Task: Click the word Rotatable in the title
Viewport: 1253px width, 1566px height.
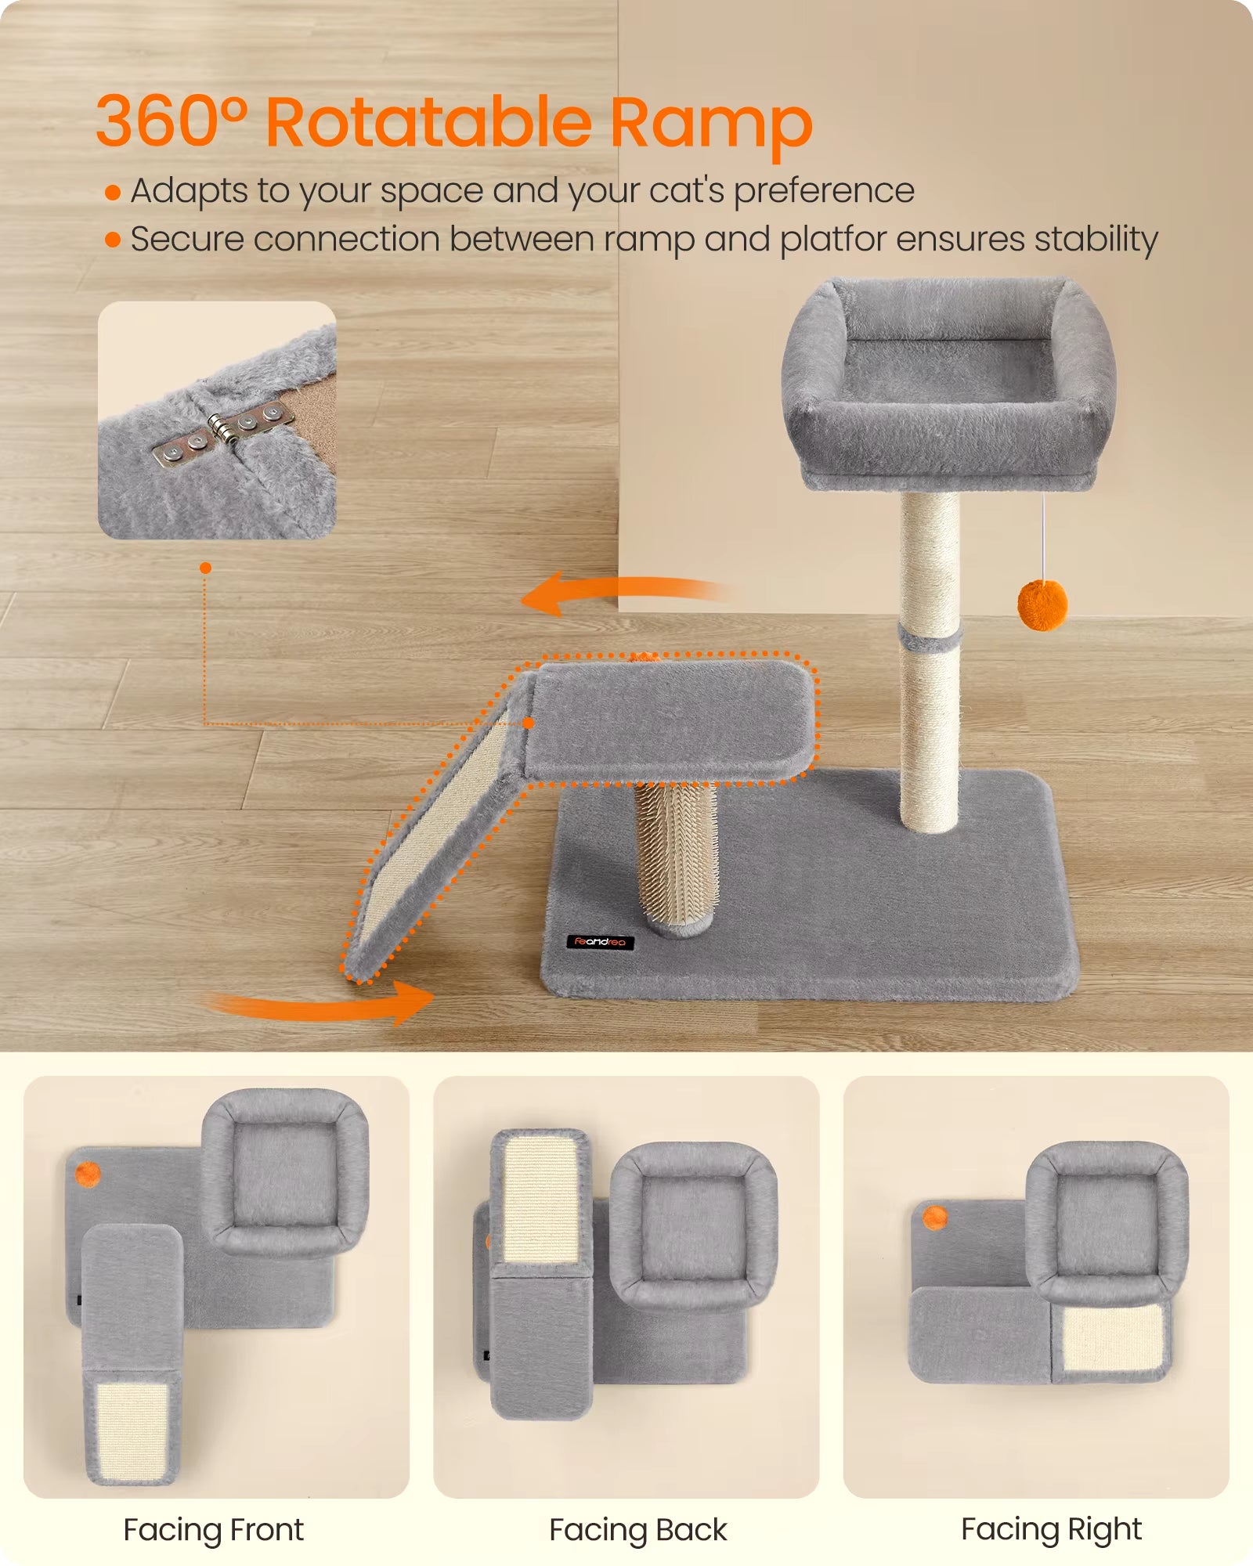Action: tap(429, 122)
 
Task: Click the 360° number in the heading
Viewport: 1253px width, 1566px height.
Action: tap(172, 121)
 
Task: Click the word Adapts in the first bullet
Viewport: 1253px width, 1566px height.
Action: tap(189, 192)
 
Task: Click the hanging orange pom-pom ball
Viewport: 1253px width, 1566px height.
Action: tap(1042, 604)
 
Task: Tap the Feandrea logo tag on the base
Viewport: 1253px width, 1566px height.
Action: tap(600, 942)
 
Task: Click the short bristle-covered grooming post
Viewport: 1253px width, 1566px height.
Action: tap(676, 857)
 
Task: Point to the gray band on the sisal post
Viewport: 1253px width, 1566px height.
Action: tap(930, 636)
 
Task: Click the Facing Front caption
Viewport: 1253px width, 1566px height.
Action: tap(213, 1530)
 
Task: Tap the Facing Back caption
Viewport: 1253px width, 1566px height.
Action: tap(638, 1530)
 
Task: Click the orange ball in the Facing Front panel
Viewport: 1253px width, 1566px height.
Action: tap(88, 1174)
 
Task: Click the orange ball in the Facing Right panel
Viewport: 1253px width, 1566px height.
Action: tap(935, 1218)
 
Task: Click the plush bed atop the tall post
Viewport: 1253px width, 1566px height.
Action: tap(949, 384)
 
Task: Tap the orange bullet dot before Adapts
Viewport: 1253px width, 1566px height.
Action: tap(113, 193)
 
